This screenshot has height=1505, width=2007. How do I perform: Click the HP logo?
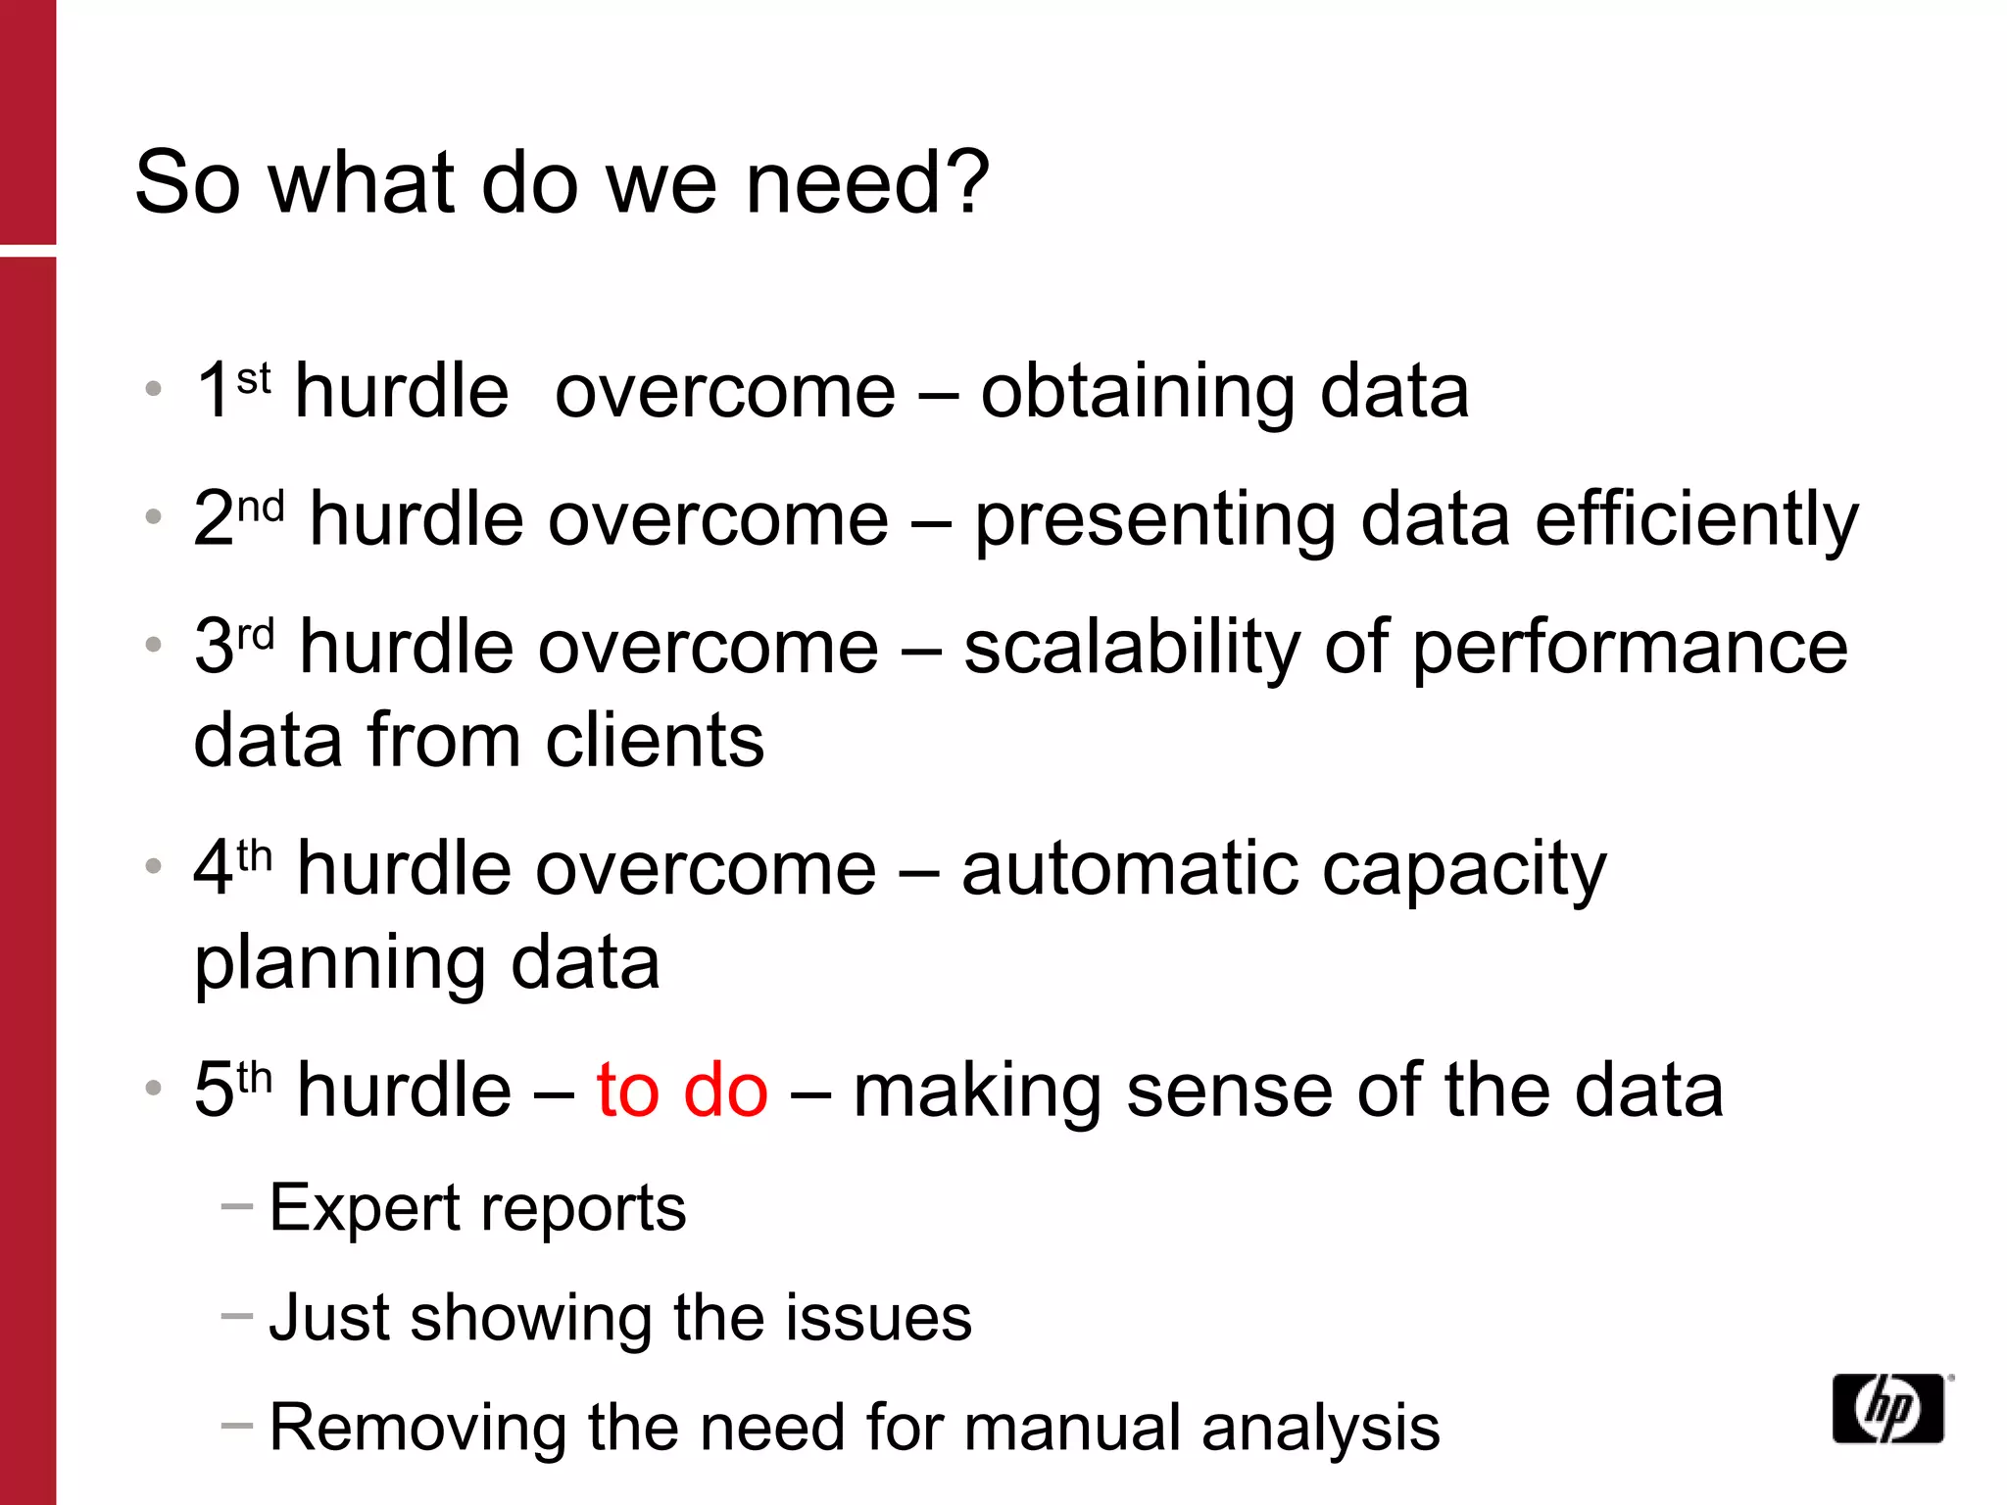1887,1409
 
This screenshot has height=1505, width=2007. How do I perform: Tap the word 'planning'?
339,966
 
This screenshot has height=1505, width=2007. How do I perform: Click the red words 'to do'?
682,1091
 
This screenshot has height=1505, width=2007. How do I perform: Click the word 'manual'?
1072,1428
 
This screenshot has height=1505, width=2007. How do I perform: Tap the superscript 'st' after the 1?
254,378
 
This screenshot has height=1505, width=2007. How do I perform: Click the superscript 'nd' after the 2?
261,507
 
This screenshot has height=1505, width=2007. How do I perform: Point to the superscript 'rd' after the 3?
256,635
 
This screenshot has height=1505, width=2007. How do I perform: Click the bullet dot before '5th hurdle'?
153,1088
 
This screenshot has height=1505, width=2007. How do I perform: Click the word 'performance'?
1630,649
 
